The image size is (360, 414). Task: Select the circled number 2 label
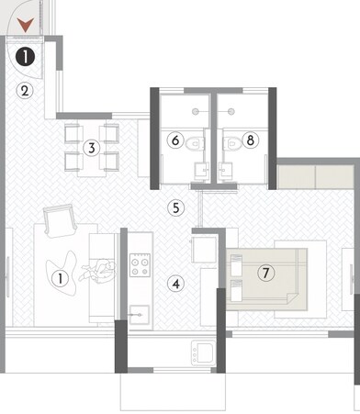tap(26, 90)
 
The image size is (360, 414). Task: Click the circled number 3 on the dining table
tap(90, 147)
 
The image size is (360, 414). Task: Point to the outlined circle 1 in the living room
tap(61, 276)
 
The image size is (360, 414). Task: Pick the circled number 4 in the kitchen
tap(175, 284)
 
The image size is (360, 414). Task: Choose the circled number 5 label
tap(176, 207)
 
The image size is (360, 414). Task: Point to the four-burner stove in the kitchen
tap(139, 267)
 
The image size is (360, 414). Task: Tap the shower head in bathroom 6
tap(197, 108)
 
